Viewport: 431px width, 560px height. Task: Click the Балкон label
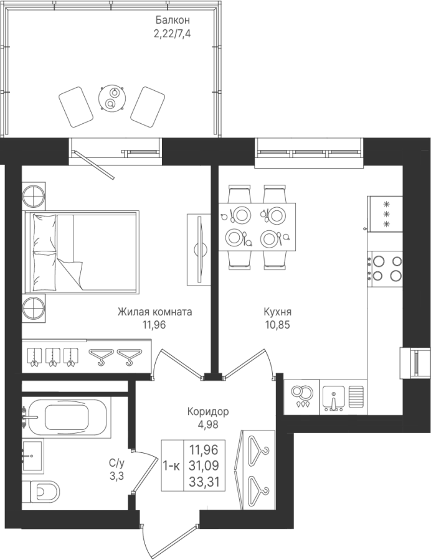tap(173, 20)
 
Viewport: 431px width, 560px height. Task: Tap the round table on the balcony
tap(113, 98)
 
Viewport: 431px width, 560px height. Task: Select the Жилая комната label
tap(154, 312)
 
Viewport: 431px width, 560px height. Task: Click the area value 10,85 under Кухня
tap(277, 325)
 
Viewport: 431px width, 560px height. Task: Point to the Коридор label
tap(208, 412)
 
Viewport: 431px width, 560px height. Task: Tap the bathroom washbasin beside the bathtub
tap(32, 455)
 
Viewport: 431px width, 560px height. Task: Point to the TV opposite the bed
tap(199, 249)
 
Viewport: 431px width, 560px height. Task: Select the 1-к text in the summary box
tap(171, 465)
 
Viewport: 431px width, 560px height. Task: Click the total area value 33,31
tap(205, 482)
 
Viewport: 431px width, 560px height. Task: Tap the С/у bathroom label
tap(117, 470)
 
